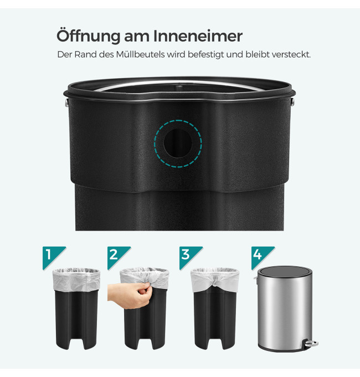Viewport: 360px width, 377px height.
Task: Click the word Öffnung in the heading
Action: coord(88,36)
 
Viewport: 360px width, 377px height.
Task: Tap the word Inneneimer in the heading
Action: coord(198,36)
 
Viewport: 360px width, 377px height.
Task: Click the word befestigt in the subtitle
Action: coord(205,55)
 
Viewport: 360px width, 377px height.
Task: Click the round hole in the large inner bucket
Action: coord(178,143)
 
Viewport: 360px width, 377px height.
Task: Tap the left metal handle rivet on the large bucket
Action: coord(67,103)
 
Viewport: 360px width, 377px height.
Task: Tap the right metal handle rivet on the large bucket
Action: coord(292,102)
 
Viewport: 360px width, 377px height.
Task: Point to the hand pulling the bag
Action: coord(129,296)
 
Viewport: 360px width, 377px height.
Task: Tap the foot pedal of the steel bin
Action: coord(311,343)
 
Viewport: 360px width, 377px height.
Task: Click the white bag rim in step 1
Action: coord(76,279)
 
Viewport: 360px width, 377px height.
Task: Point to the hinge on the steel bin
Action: coord(256,279)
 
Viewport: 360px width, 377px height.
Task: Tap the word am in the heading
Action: coord(136,37)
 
